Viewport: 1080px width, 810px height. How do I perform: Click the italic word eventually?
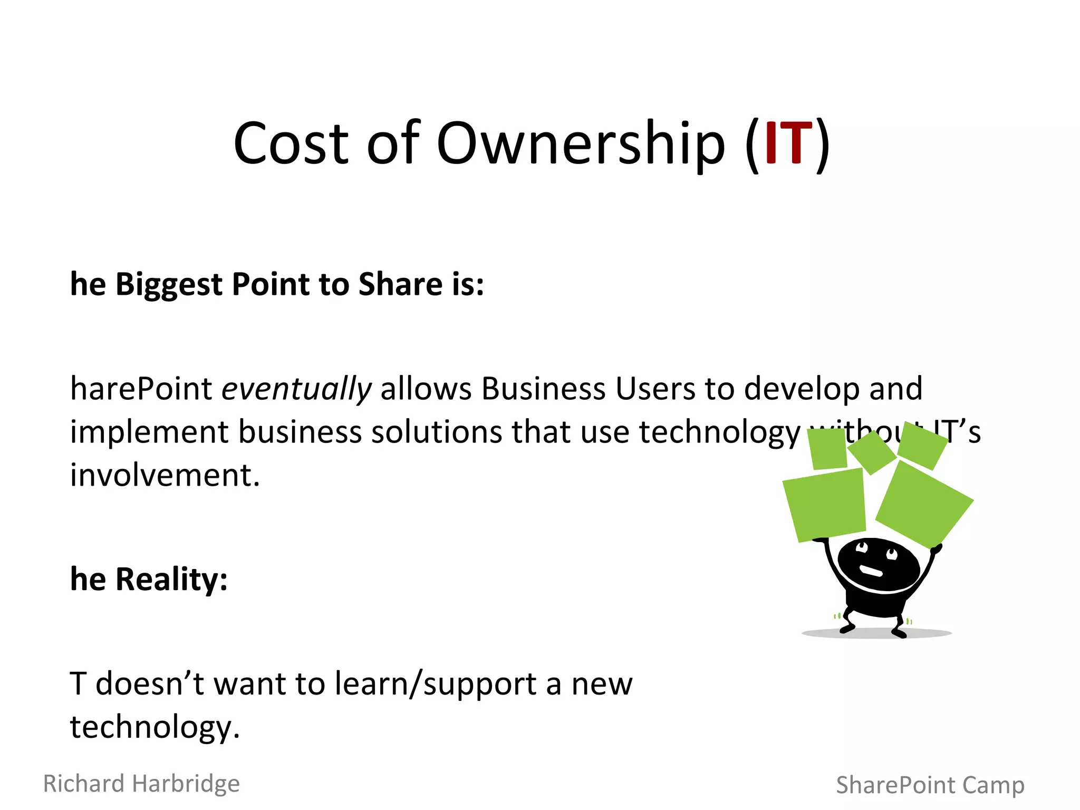click(296, 390)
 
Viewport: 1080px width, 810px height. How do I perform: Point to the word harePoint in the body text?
click(141, 390)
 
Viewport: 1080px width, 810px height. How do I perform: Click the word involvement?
click(165, 475)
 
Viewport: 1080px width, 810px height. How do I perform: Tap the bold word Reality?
click(171, 580)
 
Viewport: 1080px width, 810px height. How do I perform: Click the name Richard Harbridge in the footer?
click(141, 784)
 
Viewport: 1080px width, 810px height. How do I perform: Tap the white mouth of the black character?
click(871, 572)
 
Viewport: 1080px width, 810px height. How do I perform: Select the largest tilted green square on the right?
click(924, 504)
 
